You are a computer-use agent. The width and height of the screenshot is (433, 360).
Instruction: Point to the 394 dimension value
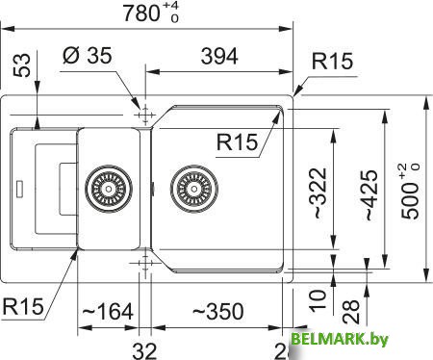pos(218,58)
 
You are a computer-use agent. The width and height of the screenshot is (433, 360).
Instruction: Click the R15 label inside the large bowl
pos(238,143)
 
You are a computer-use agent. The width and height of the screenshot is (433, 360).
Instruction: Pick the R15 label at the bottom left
pos(23,308)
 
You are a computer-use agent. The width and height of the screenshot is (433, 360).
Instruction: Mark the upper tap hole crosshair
pos(144,115)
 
